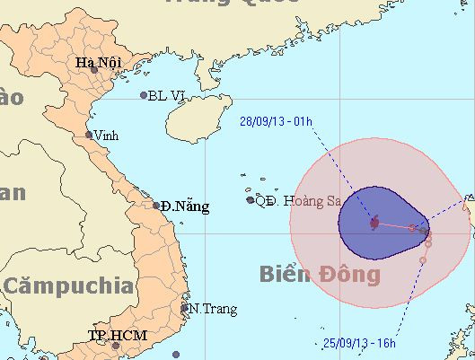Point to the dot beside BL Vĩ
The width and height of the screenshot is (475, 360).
pos(144,95)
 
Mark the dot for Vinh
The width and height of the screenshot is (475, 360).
pos(89,136)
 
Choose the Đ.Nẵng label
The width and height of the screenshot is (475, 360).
pos(186,206)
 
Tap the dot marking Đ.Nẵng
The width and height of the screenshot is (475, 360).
pos(156,206)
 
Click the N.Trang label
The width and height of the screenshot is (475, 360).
pos(214,309)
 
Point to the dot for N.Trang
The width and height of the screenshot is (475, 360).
pos(186,308)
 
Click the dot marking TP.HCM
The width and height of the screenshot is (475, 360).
pos(115,344)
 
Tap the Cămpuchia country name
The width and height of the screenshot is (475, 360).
pos(67,287)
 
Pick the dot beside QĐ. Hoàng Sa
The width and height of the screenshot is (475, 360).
pos(251,199)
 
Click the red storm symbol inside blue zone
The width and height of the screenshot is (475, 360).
pos(374,221)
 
